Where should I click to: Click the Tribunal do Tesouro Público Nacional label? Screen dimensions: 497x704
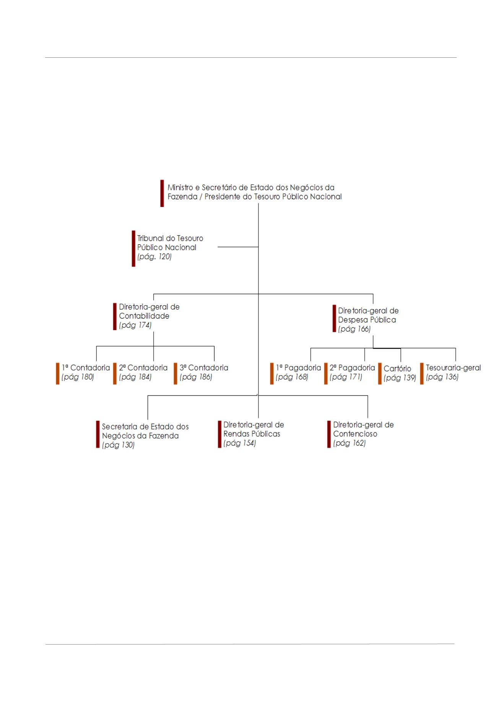point(170,243)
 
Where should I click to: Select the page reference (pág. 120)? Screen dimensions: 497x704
point(154,257)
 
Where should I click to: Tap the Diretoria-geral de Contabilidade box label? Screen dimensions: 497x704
point(149,311)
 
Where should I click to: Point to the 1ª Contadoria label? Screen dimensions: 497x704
point(86,367)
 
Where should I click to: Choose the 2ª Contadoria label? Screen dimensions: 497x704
point(143,367)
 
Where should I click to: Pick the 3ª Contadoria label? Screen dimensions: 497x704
point(204,367)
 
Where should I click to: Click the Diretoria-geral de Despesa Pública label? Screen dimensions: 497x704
point(368,315)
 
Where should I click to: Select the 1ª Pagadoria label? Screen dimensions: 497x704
point(298,367)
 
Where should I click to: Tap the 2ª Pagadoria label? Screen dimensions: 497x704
point(352,367)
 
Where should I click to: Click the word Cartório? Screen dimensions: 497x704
point(397,369)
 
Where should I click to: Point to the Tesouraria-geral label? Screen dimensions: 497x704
point(453,367)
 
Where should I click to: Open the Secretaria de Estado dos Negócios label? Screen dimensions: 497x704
point(145,431)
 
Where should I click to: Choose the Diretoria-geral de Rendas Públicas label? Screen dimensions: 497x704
point(253,429)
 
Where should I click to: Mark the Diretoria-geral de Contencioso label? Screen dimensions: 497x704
point(363,429)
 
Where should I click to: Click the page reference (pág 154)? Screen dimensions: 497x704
point(240,443)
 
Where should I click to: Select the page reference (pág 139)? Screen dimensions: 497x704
point(400,378)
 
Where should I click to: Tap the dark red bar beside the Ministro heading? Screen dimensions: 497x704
point(162,193)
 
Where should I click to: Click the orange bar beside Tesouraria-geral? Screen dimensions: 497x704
point(422,373)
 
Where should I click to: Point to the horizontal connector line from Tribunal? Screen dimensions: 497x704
point(238,247)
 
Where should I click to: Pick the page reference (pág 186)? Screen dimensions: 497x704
point(196,377)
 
